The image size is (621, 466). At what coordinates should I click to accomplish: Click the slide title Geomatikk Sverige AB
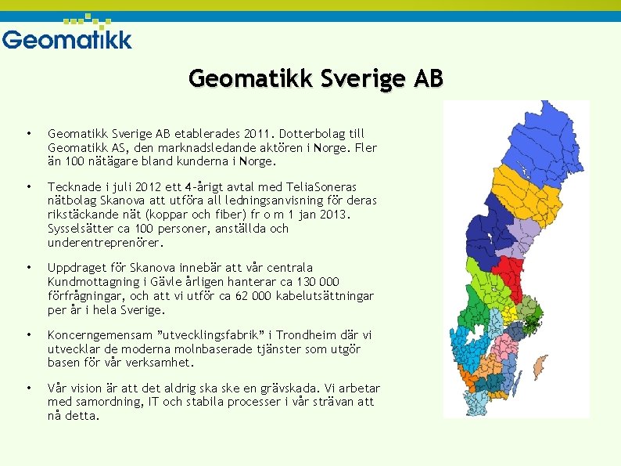point(316,79)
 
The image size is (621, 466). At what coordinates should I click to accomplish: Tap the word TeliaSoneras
point(320,187)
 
